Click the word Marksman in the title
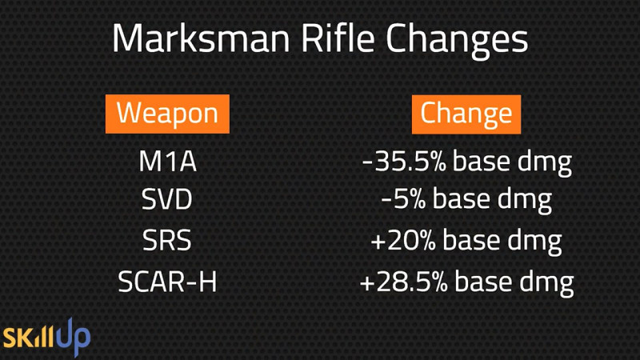pyautogui.click(x=202, y=38)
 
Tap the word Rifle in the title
pyautogui.click(x=338, y=38)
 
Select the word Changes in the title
pyautogui.click(x=457, y=41)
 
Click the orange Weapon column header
pyautogui.click(x=167, y=114)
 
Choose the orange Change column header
pyautogui.click(x=466, y=114)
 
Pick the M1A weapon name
pyautogui.click(x=168, y=162)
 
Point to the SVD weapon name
pyautogui.click(x=166, y=199)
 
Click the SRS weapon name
pyautogui.click(x=166, y=240)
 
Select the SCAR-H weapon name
pyautogui.click(x=167, y=282)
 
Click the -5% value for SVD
pyautogui.click(x=403, y=199)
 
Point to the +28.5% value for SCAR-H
pyautogui.click(x=404, y=282)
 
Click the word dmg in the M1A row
pyautogui.click(x=545, y=163)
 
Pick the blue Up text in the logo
pyautogui.click(x=74, y=337)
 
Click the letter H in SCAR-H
pyautogui.click(x=207, y=282)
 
